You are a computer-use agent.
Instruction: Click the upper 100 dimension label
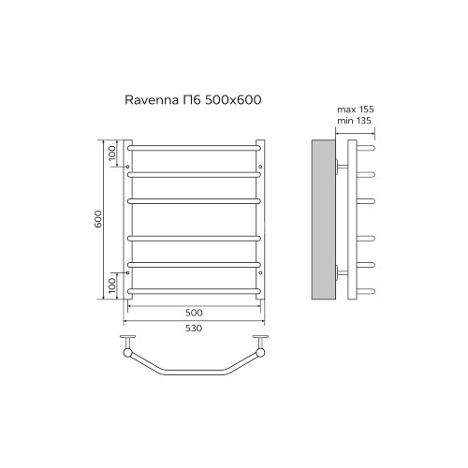pyautogui.click(x=111, y=155)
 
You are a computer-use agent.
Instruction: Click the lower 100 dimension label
pyautogui.click(x=111, y=285)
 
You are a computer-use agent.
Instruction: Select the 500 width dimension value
pyautogui.click(x=194, y=312)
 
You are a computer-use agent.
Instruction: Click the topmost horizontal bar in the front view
pyautogui.click(x=194, y=148)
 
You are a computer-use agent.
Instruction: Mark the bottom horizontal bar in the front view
pyautogui.click(x=194, y=292)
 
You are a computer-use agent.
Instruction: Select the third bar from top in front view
pyautogui.click(x=194, y=199)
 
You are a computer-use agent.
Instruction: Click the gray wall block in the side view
pyautogui.click(x=321, y=220)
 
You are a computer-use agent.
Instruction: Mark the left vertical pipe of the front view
pyautogui.click(x=126, y=220)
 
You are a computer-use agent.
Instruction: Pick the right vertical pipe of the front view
pyautogui.click(x=264, y=220)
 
